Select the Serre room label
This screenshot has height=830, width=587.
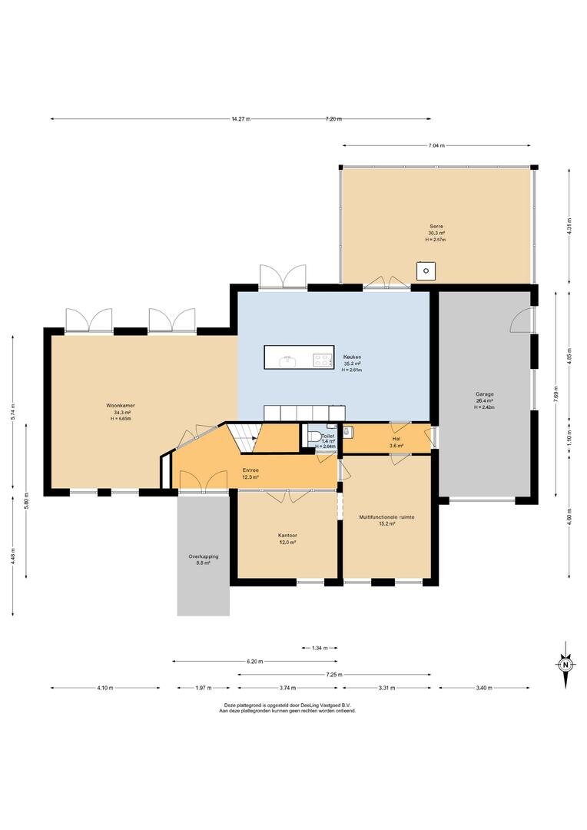[x=436, y=227]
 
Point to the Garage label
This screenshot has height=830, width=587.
[x=484, y=394]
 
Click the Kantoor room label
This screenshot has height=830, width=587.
[x=287, y=536]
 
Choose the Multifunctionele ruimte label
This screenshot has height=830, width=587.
[x=386, y=517]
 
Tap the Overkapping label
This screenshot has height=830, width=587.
[x=204, y=556]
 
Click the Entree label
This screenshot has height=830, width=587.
[x=250, y=470]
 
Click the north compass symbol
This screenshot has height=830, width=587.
[x=565, y=664]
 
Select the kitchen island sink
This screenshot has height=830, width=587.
[x=288, y=361]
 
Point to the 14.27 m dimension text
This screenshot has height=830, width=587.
[x=240, y=119]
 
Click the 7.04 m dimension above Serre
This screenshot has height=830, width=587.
[x=436, y=145]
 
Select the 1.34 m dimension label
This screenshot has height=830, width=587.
[x=319, y=648]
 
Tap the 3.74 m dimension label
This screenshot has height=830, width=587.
[x=287, y=688]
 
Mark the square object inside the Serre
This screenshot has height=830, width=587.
[x=426, y=271]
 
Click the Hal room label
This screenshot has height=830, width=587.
[x=396, y=439]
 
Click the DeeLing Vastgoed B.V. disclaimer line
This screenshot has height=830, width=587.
[x=287, y=705]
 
